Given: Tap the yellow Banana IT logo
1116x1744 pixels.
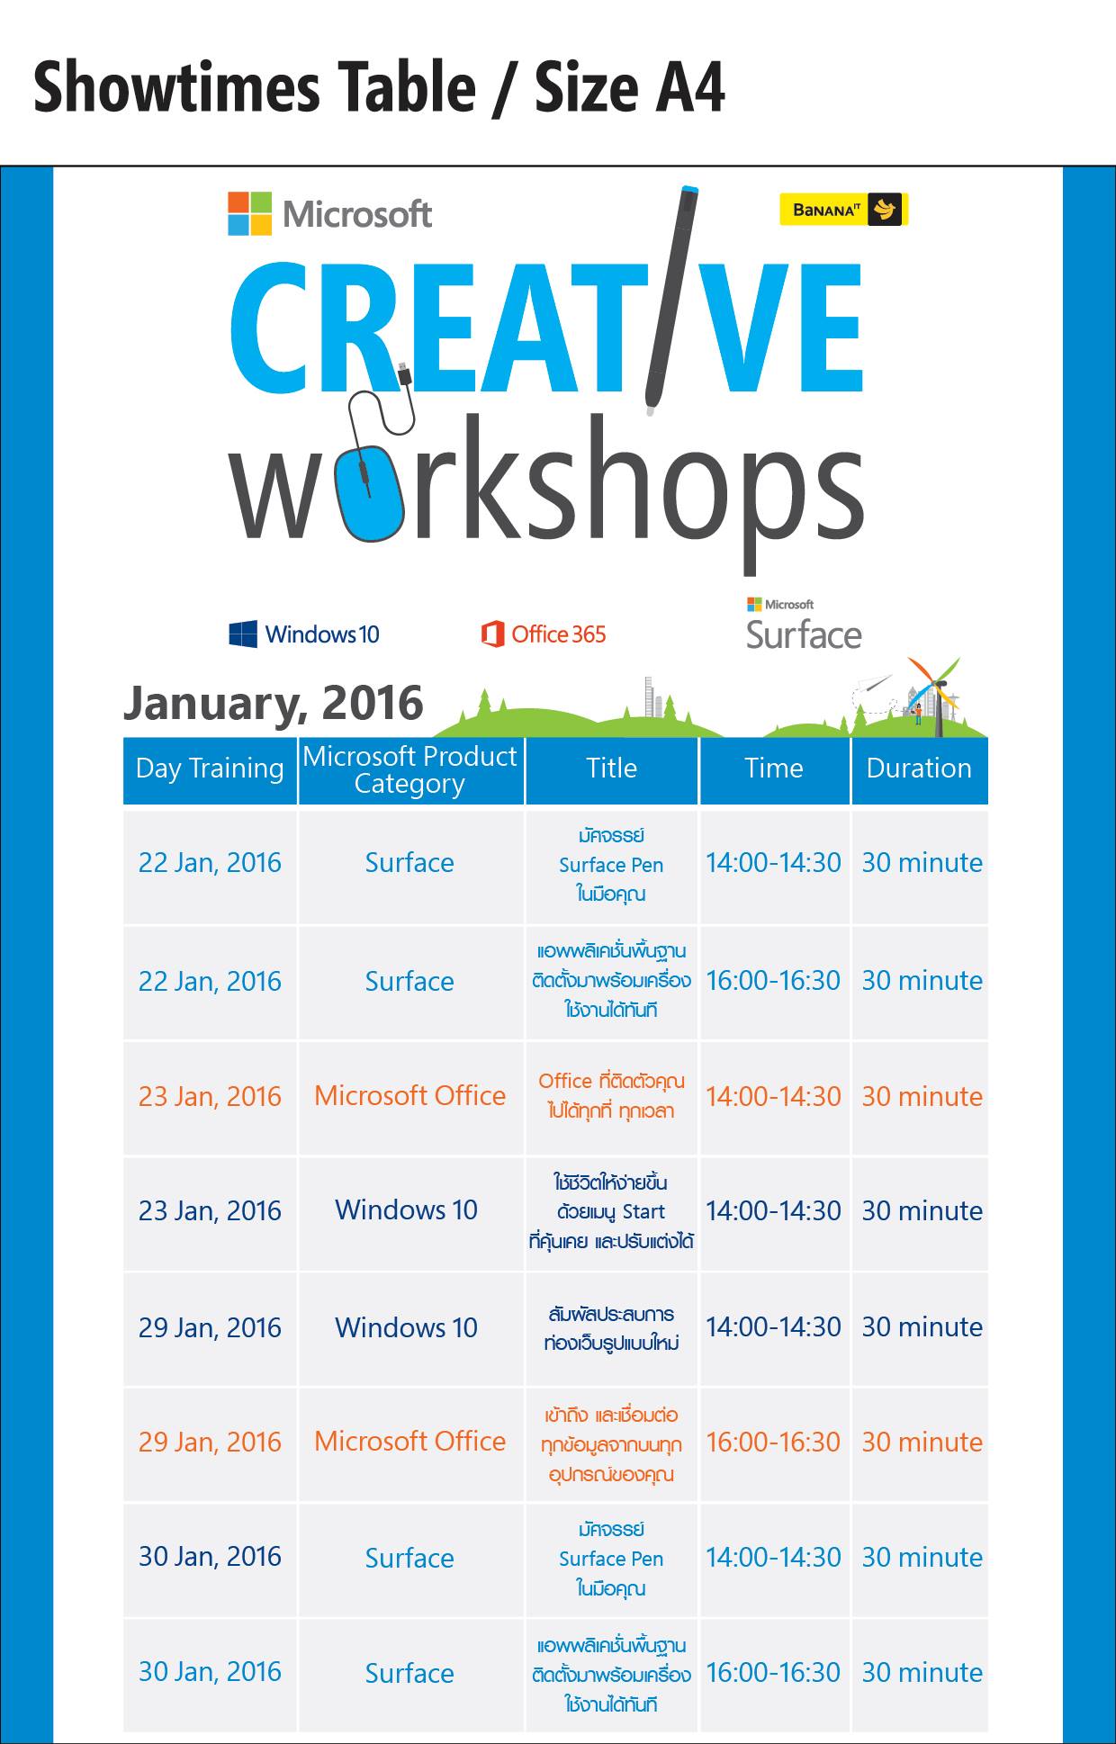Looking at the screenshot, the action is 843,211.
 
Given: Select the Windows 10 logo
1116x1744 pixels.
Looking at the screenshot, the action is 304,634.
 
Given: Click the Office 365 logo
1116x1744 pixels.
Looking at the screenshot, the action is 544,634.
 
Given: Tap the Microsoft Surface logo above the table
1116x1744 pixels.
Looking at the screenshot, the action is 804,623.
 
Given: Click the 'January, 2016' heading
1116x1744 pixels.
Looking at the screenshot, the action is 274,703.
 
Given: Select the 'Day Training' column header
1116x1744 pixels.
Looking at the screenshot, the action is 210,769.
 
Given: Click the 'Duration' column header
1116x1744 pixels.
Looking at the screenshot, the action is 919,769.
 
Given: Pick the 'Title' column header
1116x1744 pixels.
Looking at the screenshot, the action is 612,769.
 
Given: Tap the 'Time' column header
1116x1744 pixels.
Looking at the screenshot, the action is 774,769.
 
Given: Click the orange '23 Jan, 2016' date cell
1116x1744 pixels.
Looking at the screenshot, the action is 210,1096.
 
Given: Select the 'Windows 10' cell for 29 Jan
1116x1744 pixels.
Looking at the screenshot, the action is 406,1327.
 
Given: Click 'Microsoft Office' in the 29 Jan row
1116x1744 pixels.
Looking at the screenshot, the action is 409,1442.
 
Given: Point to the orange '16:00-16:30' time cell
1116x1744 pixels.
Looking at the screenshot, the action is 773,1442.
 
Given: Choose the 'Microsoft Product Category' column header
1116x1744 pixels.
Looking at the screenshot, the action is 409,769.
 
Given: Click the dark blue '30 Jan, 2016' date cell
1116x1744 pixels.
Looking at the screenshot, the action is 210,1557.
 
